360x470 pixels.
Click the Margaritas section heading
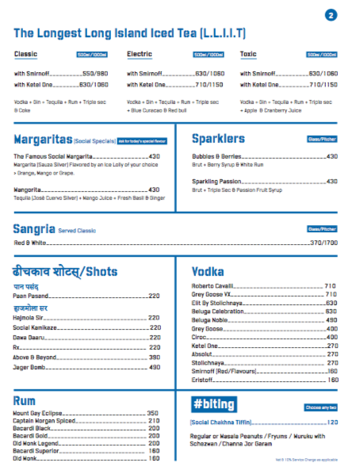[x=44, y=139]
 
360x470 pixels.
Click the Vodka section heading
[x=209, y=271]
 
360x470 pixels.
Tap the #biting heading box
[x=214, y=404]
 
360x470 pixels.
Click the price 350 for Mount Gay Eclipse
[x=153, y=413]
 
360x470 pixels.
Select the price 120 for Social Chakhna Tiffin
[x=332, y=422]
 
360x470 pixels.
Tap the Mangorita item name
[x=28, y=190]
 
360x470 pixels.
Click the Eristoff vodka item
[x=204, y=380]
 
